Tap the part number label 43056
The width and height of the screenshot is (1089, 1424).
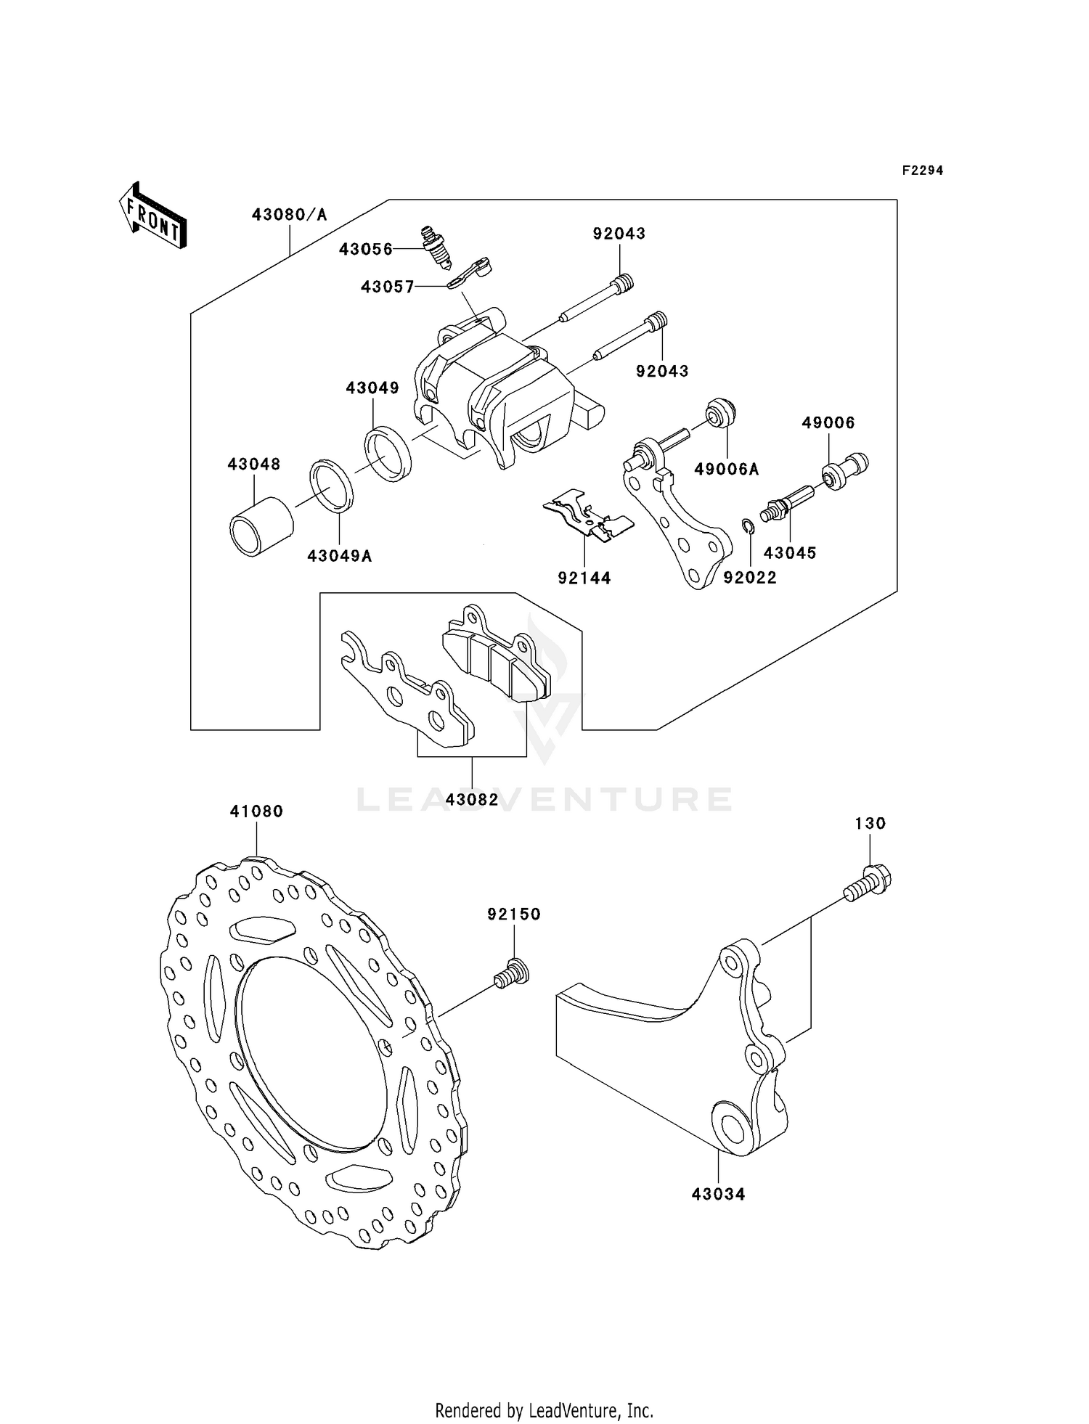click(x=366, y=250)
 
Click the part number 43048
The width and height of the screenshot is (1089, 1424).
click(x=254, y=465)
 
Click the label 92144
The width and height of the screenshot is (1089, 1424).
click(x=584, y=578)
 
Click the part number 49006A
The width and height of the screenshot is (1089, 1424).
click(x=727, y=470)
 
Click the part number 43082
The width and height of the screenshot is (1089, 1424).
click(x=472, y=800)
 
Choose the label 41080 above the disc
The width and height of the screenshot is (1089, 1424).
click(x=256, y=811)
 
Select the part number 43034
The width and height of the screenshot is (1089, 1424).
click(x=718, y=1194)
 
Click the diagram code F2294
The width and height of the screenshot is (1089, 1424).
click(x=922, y=171)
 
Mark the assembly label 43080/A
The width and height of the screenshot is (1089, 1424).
click(x=290, y=215)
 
